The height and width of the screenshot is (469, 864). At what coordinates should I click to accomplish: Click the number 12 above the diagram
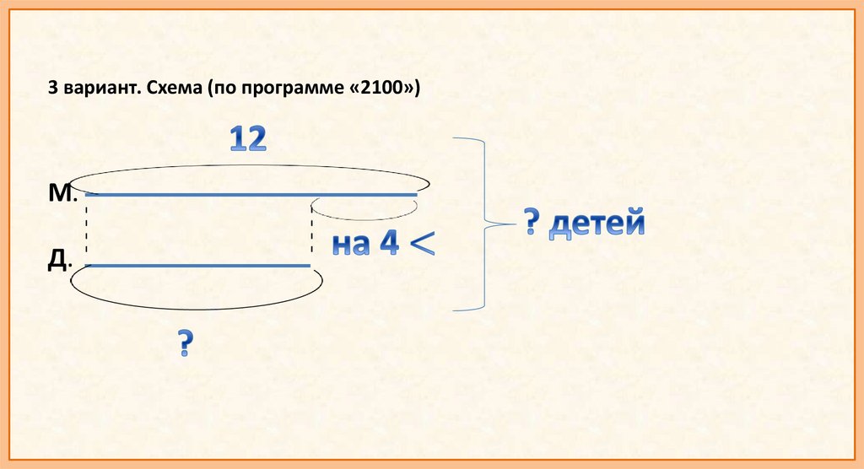click(x=249, y=141)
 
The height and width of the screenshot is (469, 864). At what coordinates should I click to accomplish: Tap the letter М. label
click(x=62, y=194)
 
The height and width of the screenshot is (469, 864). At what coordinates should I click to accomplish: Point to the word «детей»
click(x=597, y=225)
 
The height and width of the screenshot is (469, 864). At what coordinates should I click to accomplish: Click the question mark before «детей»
click(x=532, y=224)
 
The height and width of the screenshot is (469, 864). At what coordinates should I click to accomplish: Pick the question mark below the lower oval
click(x=186, y=345)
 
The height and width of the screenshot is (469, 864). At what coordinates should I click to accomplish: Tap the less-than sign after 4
click(x=421, y=243)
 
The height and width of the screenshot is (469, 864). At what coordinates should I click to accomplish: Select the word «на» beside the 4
click(x=351, y=245)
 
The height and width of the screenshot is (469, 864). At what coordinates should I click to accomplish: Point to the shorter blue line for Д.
click(x=198, y=266)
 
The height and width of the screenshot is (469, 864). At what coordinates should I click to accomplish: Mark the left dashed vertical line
click(x=86, y=229)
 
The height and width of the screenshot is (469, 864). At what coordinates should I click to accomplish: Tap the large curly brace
click(x=484, y=224)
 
